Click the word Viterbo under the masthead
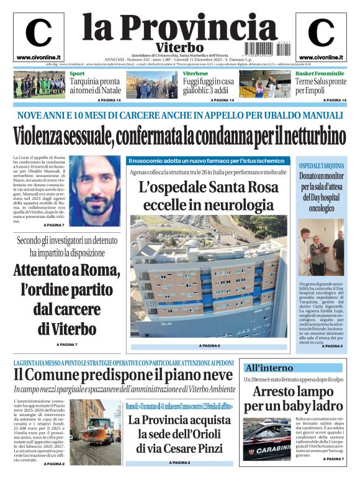point(180,48)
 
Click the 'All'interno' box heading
point(268,367)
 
